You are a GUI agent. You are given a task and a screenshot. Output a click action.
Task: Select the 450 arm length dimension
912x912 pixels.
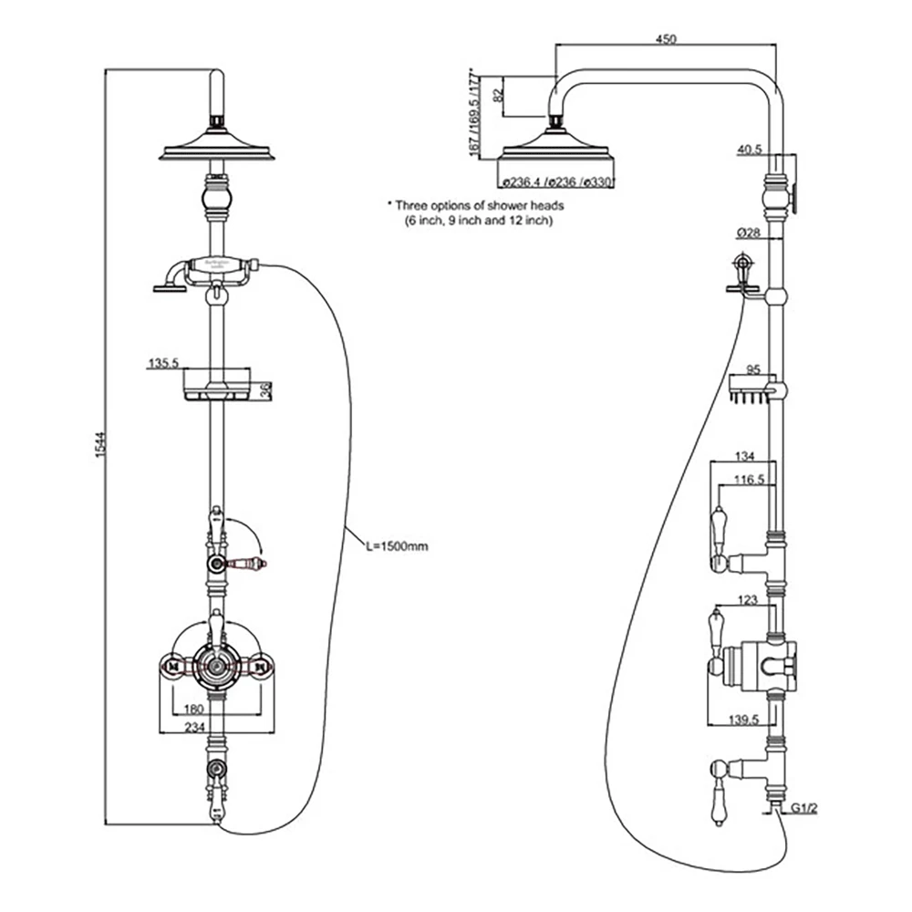[x=666, y=38]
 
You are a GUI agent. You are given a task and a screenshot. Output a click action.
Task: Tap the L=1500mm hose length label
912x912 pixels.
[x=396, y=546]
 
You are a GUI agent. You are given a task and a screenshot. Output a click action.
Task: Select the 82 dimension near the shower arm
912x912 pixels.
[x=497, y=94]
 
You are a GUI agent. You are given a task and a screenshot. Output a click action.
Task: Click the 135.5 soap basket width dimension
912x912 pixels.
[x=161, y=363]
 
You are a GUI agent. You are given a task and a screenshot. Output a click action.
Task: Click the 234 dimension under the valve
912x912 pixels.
[x=194, y=726]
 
